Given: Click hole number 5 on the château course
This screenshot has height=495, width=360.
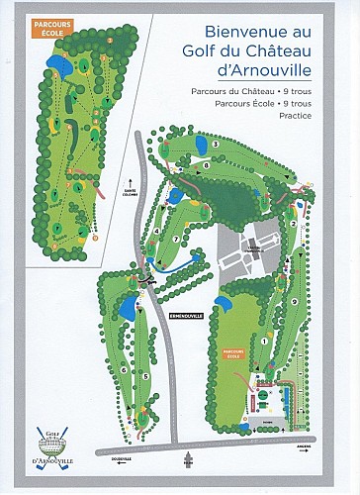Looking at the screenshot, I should tap(146, 376).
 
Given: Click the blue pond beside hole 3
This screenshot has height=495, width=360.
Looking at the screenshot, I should tap(176, 195).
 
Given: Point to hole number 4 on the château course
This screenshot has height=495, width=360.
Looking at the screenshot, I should tap(158, 233).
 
